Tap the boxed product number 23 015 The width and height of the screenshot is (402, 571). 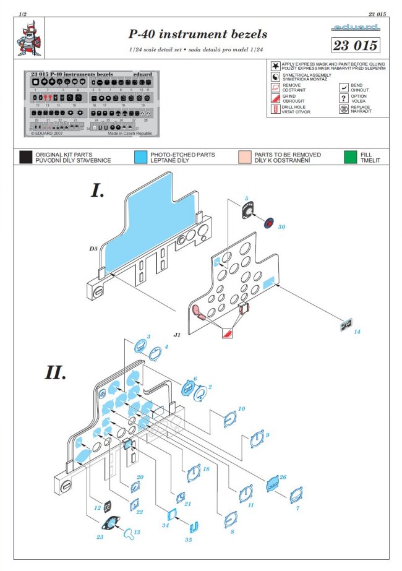tap(354, 45)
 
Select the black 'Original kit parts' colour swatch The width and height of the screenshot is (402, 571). tap(25, 157)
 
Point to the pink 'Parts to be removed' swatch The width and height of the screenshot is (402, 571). tap(244, 157)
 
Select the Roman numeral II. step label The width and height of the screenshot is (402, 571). tap(56, 372)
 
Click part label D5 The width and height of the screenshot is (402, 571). tap(93, 249)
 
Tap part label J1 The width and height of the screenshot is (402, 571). tap(177, 335)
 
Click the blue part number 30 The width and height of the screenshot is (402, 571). tap(281, 226)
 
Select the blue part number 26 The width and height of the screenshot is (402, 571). tap(283, 476)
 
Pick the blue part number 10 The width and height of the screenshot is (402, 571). tap(242, 409)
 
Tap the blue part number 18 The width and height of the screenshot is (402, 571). tap(206, 470)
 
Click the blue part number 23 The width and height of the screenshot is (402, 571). tap(101, 537)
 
